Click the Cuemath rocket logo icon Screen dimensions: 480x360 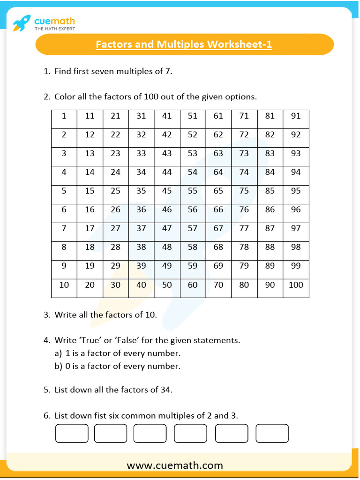[x=22, y=22]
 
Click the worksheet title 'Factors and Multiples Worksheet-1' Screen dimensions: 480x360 [x=184, y=45]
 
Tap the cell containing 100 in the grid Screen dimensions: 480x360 [x=296, y=285]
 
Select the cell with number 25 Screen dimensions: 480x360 [x=115, y=191]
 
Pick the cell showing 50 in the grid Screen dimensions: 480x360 [x=167, y=285]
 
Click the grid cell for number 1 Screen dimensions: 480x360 [x=64, y=116]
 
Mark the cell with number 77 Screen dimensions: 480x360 [x=244, y=229]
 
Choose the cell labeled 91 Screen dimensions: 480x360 [x=296, y=116]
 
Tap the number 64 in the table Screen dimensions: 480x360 [x=218, y=172]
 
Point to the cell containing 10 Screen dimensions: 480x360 [x=64, y=285]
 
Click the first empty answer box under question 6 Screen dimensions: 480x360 [x=72, y=433]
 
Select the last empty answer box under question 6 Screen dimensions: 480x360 [x=272, y=433]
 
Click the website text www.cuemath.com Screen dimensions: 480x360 [x=175, y=465]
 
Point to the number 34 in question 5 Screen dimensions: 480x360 [x=165, y=390]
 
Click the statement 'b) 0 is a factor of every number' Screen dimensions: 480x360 [x=117, y=366]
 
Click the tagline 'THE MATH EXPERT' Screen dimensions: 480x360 [x=54, y=29]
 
